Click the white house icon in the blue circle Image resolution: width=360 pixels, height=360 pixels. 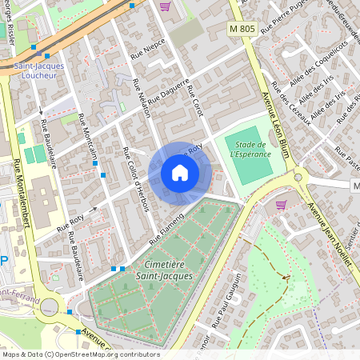point(180,172)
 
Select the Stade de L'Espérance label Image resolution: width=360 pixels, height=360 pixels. point(249,149)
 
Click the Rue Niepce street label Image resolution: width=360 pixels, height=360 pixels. point(148,47)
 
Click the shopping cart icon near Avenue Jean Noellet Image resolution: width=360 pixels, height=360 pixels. point(281,205)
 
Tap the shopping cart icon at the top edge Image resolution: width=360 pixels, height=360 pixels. point(165,6)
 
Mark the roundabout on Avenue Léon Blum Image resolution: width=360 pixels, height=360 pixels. point(298,177)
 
